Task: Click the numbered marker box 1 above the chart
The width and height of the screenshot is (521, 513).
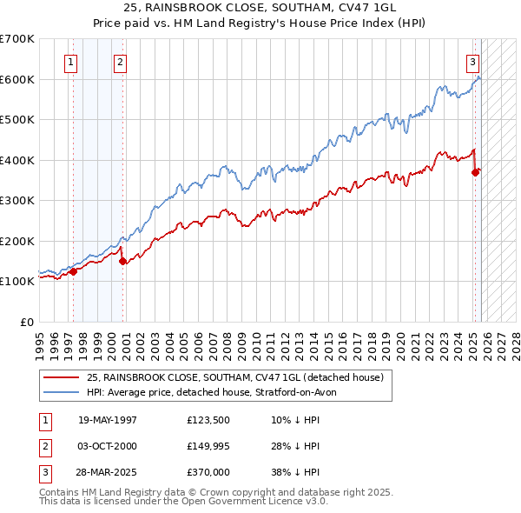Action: (x=69, y=62)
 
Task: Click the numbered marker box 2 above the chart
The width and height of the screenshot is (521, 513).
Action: (x=119, y=62)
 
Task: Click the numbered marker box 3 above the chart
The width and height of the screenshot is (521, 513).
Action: (x=472, y=62)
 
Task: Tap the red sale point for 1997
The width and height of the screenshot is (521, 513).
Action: (x=73, y=271)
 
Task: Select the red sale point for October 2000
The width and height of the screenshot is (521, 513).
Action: (x=122, y=261)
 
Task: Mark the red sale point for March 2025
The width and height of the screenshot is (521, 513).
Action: (x=476, y=172)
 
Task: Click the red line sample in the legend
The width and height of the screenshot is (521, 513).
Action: (x=63, y=377)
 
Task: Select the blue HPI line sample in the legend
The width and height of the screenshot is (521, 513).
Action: (x=63, y=392)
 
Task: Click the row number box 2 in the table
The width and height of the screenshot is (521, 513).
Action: (x=44, y=446)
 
